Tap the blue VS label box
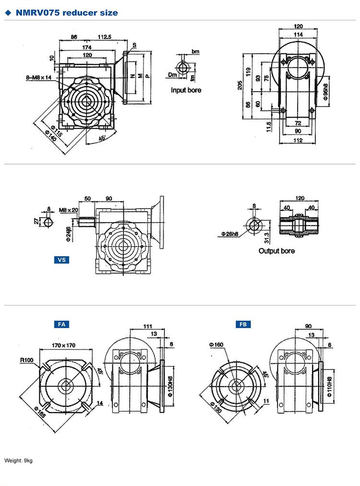61,260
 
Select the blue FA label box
61,324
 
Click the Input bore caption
186,90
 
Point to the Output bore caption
276,250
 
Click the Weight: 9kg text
18,461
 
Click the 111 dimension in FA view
148,326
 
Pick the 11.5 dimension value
269,127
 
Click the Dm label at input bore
173,74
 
